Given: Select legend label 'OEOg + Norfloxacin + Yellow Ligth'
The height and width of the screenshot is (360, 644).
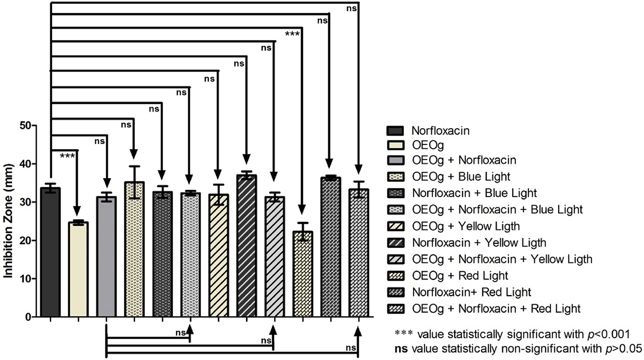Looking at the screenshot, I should click(x=502, y=259).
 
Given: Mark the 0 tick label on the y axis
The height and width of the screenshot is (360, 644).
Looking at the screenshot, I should click(x=28, y=318).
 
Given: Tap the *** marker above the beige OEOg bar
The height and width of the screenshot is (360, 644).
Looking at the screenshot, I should click(x=67, y=156).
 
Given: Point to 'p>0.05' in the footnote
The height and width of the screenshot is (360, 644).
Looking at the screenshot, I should click(x=624, y=347).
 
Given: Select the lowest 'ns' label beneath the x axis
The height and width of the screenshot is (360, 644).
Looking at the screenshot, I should click(x=349, y=348).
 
